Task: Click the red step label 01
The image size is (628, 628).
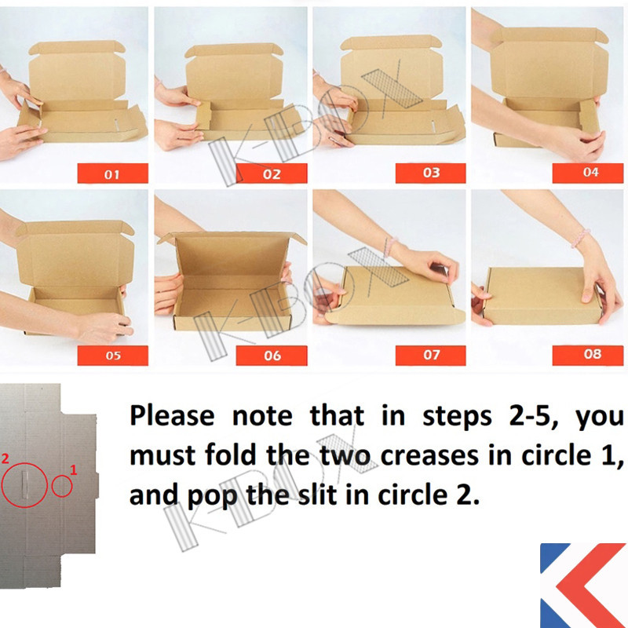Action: (112, 173)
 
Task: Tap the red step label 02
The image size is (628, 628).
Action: (272, 173)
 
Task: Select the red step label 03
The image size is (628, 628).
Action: (430, 173)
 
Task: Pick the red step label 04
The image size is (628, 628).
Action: (587, 173)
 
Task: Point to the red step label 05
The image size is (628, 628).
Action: (112, 356)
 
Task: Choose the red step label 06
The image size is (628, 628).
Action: (272, 356)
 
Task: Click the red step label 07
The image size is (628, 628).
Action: (430, 356)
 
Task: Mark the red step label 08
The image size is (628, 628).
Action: (587, 356)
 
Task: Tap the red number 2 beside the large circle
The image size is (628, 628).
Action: (5, 458)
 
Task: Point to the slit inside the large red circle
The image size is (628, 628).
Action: (25, 484)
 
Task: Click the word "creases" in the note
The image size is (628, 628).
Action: (429, 456)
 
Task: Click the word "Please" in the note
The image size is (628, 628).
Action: (172, 415)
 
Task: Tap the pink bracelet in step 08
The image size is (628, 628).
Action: (580, 238)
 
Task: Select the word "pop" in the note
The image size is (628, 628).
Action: (211, 497)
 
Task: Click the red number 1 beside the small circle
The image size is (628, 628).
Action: (73, 469)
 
